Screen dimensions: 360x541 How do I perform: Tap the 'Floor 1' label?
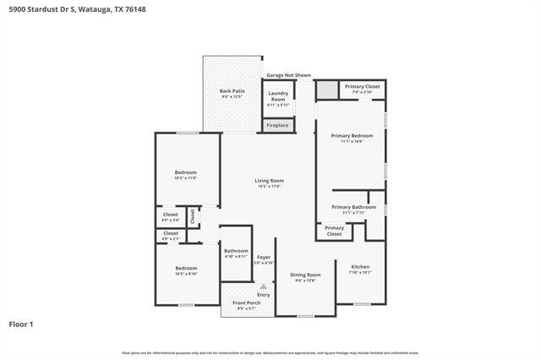point(21,324)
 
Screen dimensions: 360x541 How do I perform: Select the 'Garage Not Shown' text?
point(288,75)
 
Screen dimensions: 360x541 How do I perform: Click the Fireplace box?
point(277,126)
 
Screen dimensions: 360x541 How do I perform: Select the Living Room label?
point(270,182)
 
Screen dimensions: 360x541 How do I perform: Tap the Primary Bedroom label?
point(352,138)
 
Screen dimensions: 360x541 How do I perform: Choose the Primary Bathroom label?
point(353,209)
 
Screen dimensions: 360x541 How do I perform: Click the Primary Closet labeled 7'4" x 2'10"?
point(361,88)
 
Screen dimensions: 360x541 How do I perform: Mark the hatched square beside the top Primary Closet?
point(326,90)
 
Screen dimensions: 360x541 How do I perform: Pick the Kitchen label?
point(360,269)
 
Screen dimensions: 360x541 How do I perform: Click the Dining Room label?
point(305,276)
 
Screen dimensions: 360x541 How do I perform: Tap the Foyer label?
point(264,259)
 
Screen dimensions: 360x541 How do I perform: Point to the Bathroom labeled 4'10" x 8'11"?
point(236,253)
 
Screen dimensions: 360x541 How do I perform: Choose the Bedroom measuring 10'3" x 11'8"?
point(185,174)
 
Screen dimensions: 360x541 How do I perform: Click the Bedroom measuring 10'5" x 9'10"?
point(185,270)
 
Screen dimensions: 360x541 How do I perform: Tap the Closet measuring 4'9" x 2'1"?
point(171,235)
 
